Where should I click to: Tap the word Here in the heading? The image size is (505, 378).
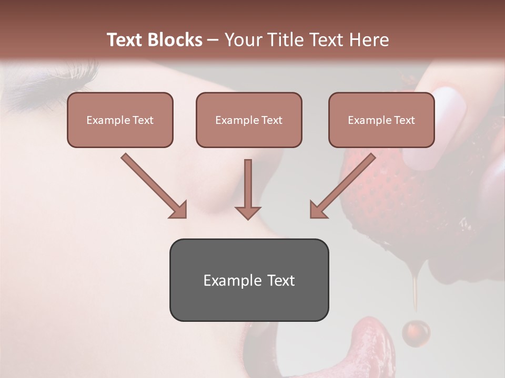coord(368,40)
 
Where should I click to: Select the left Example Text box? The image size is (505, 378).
coord(120,120)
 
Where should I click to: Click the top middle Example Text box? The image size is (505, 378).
coord(249,120)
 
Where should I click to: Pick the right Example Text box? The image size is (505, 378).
coord(381,120)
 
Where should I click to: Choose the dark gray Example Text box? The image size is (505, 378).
coord(249,280)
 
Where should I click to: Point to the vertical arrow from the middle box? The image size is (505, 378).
coord(248,189)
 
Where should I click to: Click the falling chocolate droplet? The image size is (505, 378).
coord(416,332)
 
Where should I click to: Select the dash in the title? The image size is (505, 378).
coord(213,40)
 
